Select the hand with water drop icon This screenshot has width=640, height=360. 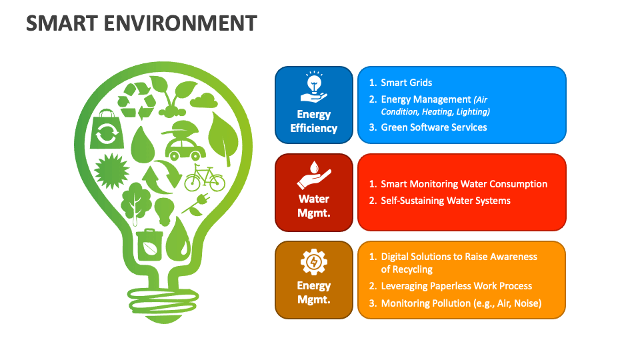pos(314,176)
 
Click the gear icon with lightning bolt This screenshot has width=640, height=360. pos(314,262)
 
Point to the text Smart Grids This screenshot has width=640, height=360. pos(406,83)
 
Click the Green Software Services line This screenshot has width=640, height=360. pos(433,127)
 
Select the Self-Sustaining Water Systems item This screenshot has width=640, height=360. pos(445,201)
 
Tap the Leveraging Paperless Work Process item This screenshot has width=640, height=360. pos(456,286)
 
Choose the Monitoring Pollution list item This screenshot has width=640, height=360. pos(461,303)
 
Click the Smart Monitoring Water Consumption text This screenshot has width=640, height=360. pos(463,184)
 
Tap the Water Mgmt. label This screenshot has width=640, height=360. pos(314,205)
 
